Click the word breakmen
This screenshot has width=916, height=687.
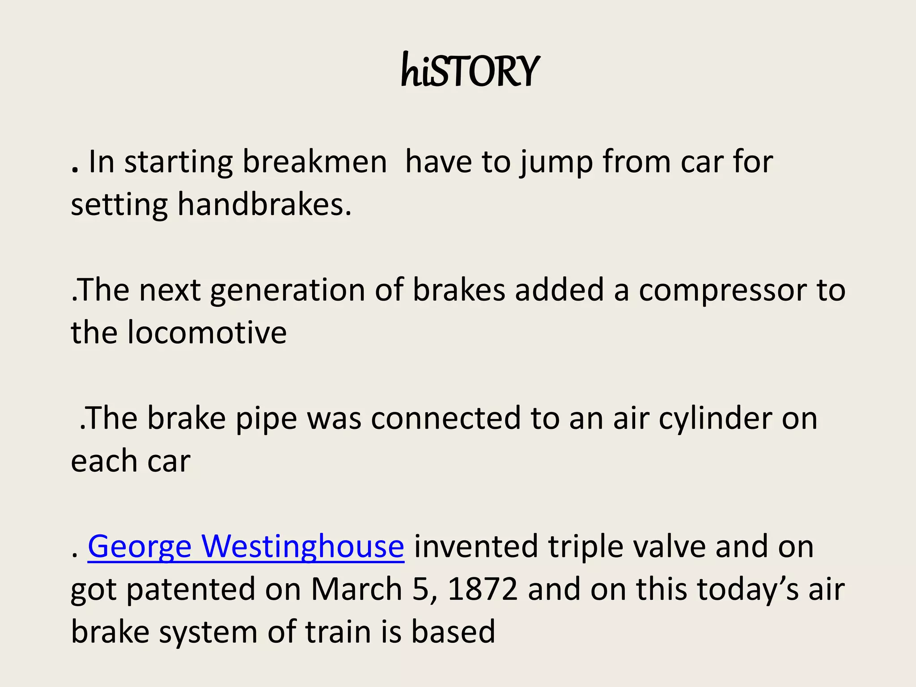314,161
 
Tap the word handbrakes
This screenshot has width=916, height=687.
264,204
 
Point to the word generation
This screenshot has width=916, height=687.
287,290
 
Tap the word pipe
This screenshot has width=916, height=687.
266,419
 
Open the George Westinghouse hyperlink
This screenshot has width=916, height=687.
246,547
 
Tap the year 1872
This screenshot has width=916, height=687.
483,589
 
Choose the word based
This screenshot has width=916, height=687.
453,632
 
